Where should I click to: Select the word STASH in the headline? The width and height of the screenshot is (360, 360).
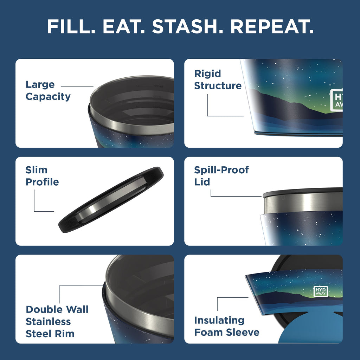[x=184, y=26]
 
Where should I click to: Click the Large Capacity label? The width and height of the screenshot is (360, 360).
[x=48, y=90]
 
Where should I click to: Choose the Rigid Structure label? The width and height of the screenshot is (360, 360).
[x=218, y=80]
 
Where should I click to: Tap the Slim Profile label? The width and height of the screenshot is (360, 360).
[x=42, y=176]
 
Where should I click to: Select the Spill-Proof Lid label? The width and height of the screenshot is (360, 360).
[x=221, y=176]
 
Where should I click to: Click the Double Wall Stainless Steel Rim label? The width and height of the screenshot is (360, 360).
[x=57, y=321]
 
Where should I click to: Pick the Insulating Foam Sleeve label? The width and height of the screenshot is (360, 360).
[x=227, y=326]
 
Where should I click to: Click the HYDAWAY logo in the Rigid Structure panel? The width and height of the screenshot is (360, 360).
[x=336, y=100]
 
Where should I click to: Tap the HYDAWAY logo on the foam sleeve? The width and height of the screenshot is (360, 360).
[x=320, y=291]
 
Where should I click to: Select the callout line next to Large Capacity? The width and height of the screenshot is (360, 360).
[x=77, y=86]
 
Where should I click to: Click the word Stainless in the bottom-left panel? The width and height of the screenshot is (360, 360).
[x=48, y=321]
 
